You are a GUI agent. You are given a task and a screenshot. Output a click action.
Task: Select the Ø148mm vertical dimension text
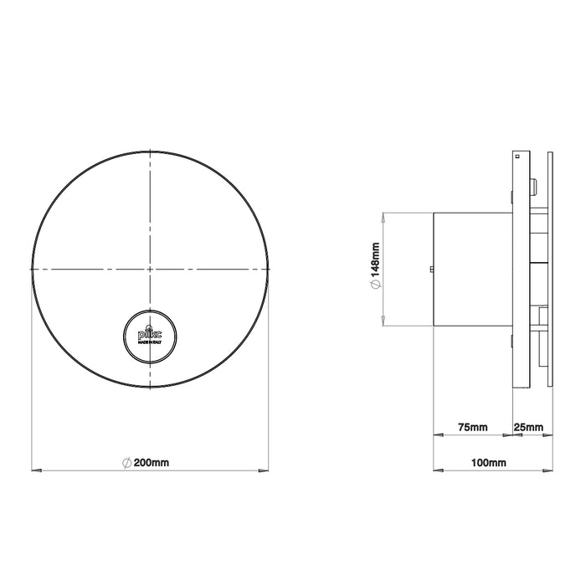376,268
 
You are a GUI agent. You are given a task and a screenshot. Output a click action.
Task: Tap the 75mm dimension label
473,428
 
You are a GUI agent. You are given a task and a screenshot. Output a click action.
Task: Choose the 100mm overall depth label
489,462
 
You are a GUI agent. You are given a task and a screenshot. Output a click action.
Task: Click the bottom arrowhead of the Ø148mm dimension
383,324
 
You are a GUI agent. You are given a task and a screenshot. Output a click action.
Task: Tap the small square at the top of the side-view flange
518,155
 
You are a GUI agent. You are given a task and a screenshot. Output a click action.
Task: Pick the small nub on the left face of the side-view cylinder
430,269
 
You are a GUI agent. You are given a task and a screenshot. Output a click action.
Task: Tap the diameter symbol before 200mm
126,462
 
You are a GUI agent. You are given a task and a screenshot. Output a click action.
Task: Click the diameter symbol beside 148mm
376,286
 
